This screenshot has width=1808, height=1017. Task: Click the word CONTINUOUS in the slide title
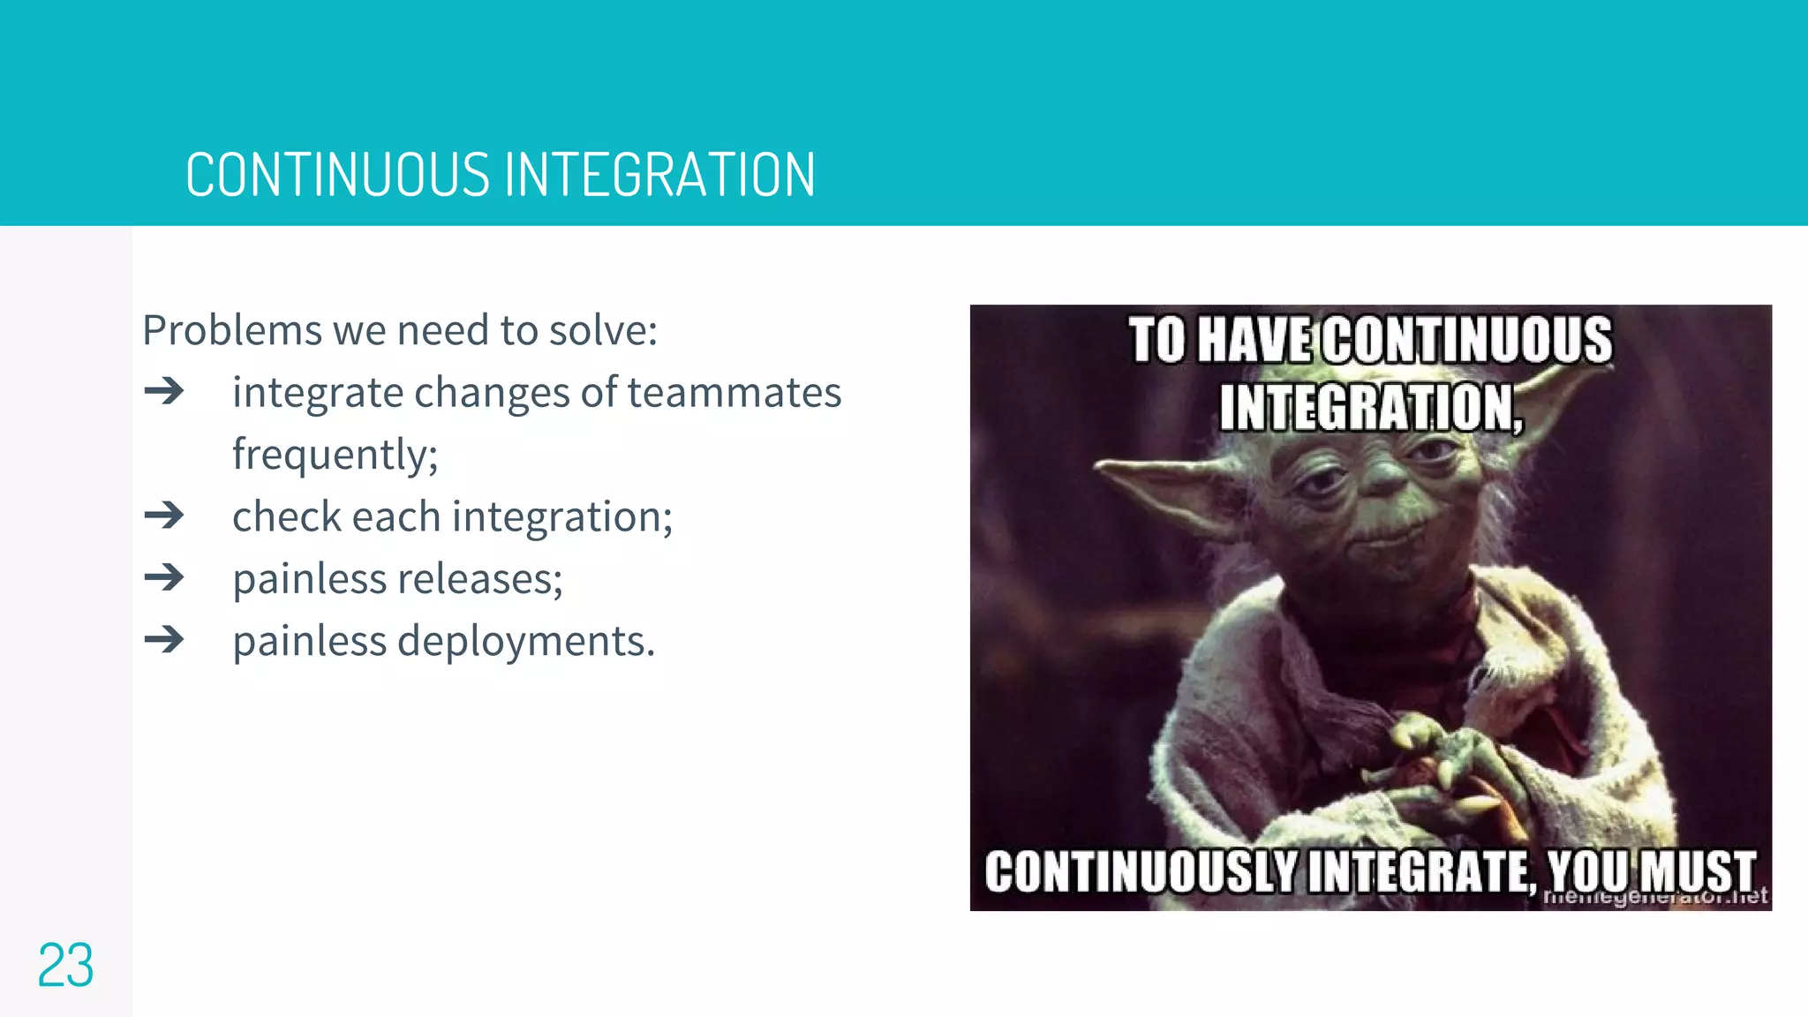click(337, 175)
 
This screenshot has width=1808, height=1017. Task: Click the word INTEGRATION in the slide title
click(660, 175)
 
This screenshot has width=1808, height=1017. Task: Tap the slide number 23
click(65, 966)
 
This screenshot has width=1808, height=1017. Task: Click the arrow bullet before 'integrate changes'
click(164, 391)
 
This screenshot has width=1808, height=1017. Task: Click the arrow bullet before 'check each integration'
click(164, 516)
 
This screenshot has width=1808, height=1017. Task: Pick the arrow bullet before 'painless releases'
click(164, 578)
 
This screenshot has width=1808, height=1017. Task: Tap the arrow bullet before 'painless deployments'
click(164, 640)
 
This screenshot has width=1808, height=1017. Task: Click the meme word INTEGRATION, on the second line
click(1371, 408)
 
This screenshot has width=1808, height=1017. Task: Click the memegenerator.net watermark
click(1655, 898)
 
